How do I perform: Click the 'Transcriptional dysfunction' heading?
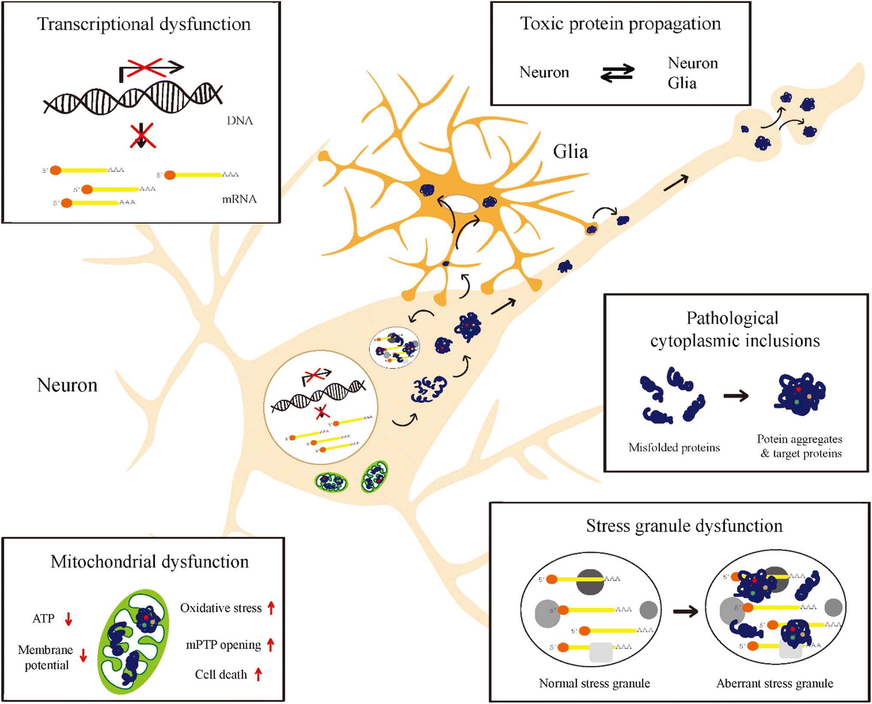click(x=144, y=24)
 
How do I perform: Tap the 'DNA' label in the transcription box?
click(x=239, y=121)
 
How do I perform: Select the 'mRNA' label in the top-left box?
click(x=239, y=199)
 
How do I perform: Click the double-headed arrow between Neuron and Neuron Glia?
click(x=617, y=73)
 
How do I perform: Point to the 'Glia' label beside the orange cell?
click(x=570, y=152)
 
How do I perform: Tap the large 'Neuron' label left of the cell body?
click(x=67, y=385)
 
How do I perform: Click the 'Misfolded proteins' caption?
click(x=674, y=448)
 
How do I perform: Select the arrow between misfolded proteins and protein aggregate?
click(x=736, y=396)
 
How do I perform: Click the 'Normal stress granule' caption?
click(x=594, y=683)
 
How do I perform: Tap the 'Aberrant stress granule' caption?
click(x=775, y=683)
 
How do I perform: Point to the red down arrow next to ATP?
click(x=68, y=619)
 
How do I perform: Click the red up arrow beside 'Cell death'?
click(x=258, y=674)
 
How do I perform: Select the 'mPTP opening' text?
click(x=223, y=645)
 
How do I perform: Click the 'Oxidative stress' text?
click(x=221, y=608)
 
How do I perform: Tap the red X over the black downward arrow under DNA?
click(x=142, y=136)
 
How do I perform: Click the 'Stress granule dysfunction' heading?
click(x=684, y=526)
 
